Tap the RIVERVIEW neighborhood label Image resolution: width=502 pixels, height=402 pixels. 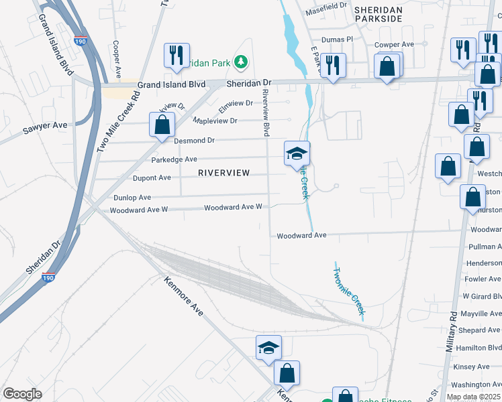[x=224, y=173]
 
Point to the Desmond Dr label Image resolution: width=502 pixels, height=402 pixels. [x=194, y=141]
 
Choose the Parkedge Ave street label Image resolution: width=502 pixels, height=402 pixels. [x=174, y=159]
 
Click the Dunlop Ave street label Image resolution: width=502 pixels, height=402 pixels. [x=132, y=198]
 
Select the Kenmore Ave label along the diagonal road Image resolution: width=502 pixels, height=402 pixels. [x=183, y=295]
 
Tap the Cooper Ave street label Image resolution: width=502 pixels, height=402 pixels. [x=116, y=59]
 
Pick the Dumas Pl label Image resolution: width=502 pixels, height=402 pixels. [x=337, y=40]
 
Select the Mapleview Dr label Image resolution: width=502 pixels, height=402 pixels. [x=215, y=121]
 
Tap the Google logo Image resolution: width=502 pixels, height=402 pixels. [x=22, y=393]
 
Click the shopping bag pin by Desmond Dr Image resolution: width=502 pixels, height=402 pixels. [x=162, y=125]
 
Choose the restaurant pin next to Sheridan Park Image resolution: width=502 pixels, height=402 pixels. [x=177, y=56]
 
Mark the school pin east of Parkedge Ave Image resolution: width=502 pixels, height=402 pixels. [x=297, y=154]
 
